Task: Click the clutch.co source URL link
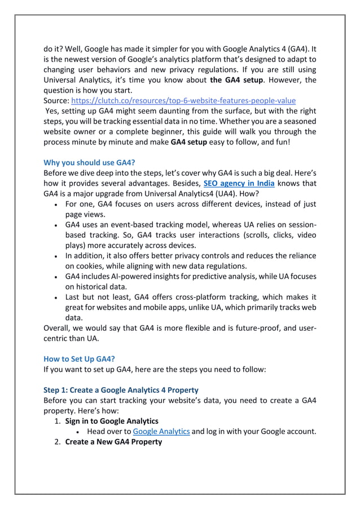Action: [x=183, y=100]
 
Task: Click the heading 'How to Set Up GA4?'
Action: [x=79, y=358]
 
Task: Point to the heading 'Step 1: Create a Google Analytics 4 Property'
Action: [x=121, y=390]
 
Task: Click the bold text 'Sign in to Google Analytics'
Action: [x=112, y=421]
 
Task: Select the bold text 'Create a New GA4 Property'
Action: [x=113, y=441]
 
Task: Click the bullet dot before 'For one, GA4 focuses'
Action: [x=56, y=204]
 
